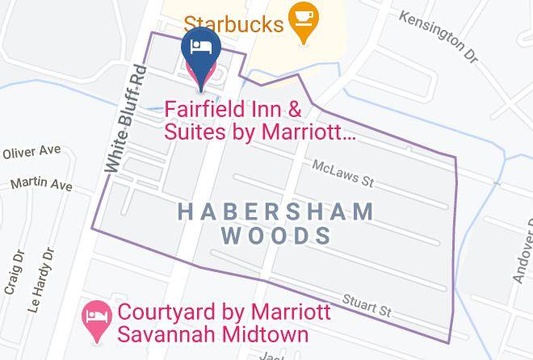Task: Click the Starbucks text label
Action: tap(233, 23)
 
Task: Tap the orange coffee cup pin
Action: tap(304, 19)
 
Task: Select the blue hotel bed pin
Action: tap(199, 47)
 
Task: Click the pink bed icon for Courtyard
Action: tap(98, 316)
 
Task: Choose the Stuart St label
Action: tap(368, 305)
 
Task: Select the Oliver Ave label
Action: tap(32, 152)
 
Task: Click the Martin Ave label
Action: tap(41, 185)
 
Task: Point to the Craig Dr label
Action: tap(15, 272)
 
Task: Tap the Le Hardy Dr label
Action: tap(41, 280)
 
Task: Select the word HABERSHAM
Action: tap(275, 212)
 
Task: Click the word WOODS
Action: tap(276, 236)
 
